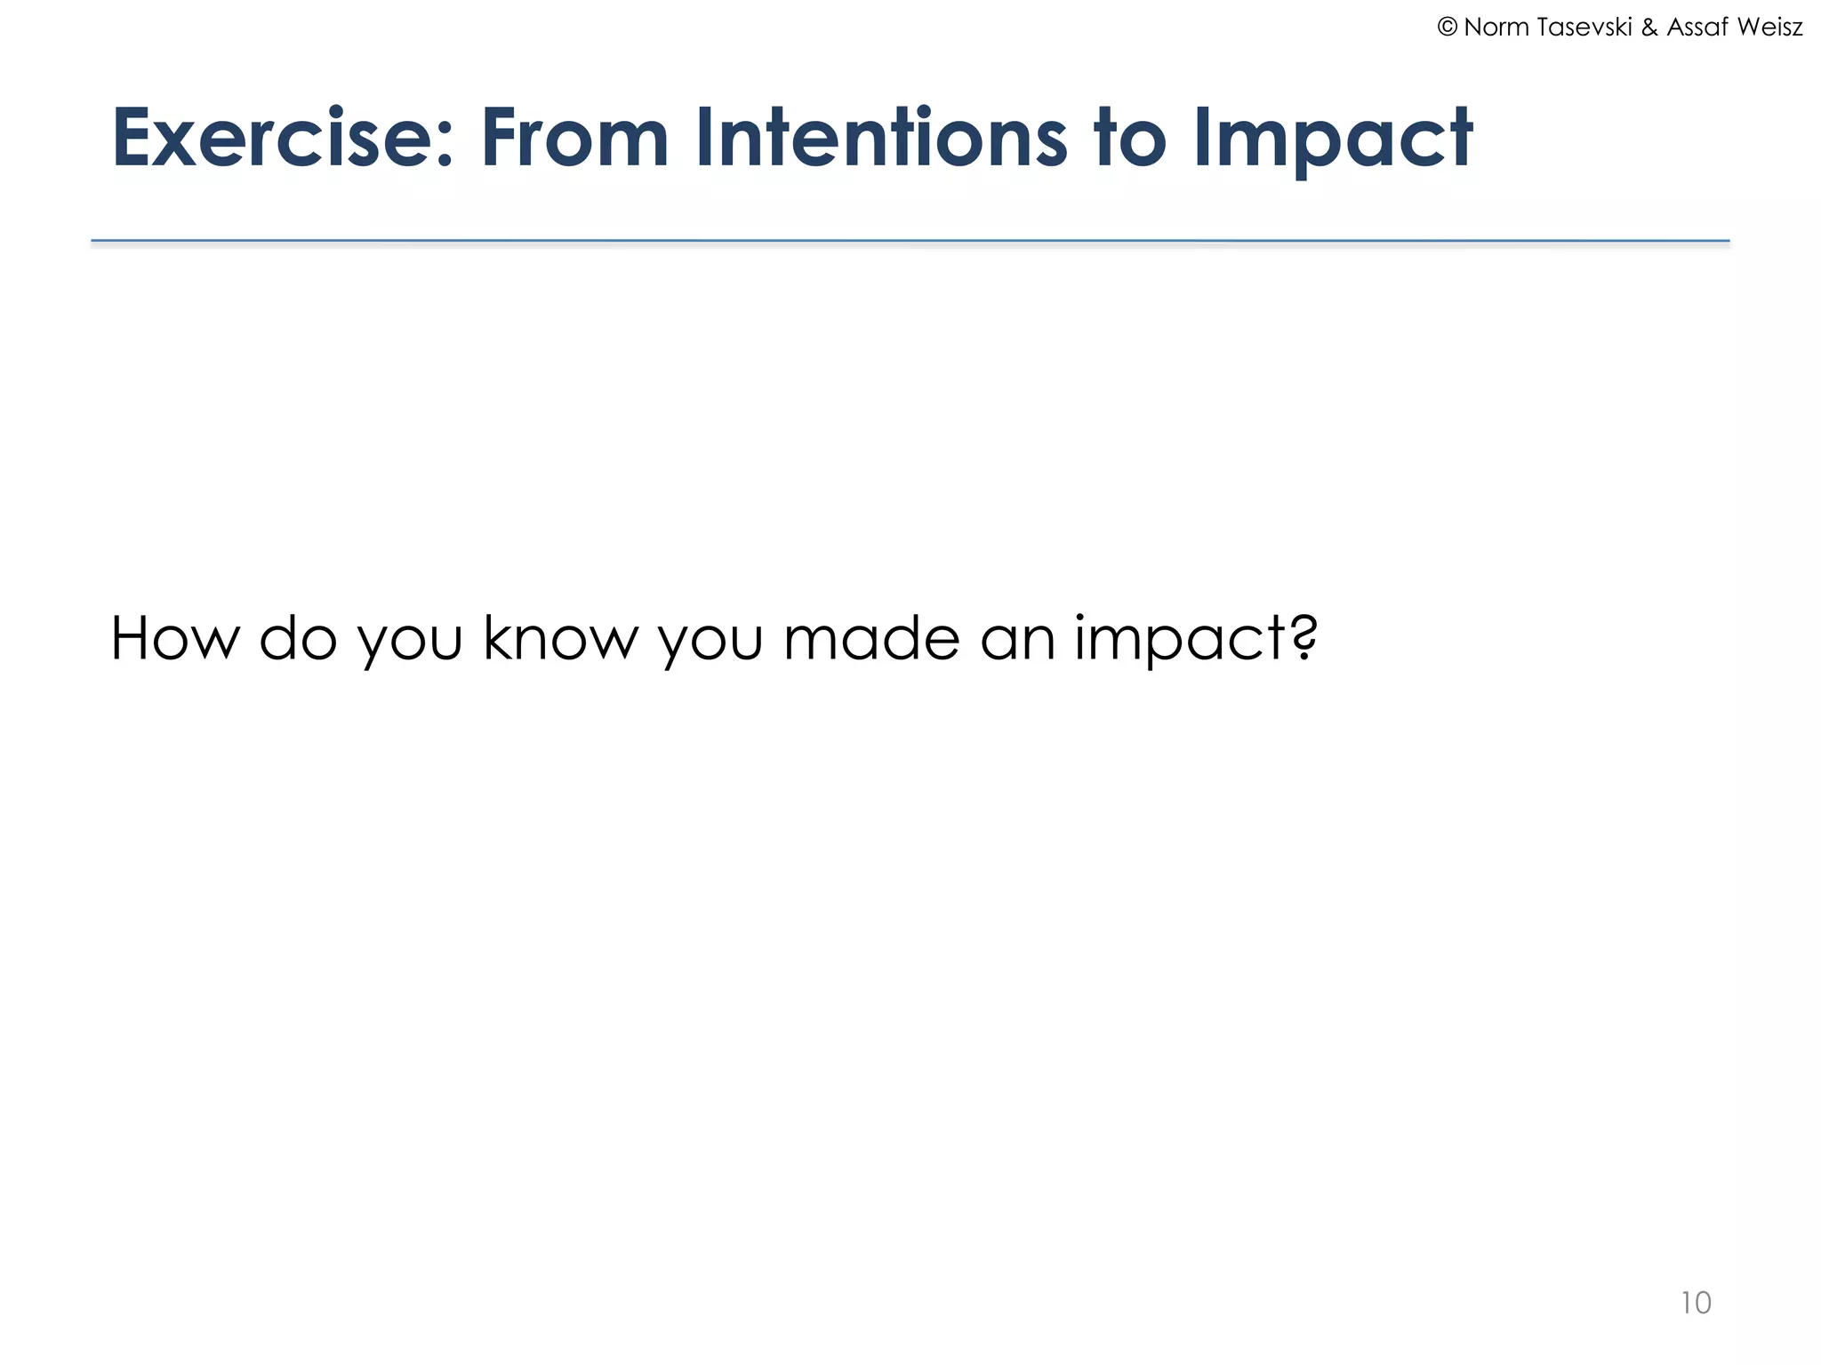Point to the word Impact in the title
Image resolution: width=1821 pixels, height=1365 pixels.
tap(1332, 140)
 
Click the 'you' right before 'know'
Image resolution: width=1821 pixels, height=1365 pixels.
tap(410, 643)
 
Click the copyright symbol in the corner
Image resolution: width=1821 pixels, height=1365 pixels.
tap(1447, 28)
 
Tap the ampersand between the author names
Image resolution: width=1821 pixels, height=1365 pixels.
tap(1649, 28)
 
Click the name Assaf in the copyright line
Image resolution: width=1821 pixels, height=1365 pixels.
tap(1697, 28)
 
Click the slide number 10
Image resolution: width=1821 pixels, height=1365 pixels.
tap(1696, 1303)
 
